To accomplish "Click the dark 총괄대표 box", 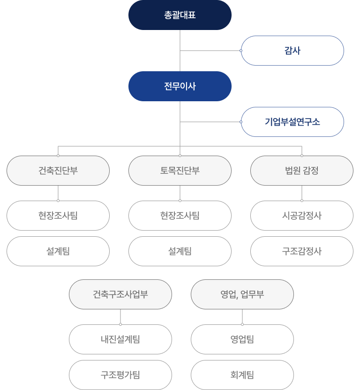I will click(180, 15).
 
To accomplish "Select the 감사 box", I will click(292, 51).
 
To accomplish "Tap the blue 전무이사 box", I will click(180, 86).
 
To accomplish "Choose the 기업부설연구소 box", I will click(292, 122).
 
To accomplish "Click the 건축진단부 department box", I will click(58, 171).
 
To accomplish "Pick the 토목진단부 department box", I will click(180, 171).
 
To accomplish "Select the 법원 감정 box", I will click(302, 171).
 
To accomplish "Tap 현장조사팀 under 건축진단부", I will click(58, 216).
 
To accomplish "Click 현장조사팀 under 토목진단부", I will click(180, 216).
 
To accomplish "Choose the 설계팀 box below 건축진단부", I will click(58, 251).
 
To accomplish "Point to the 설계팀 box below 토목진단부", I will click(180, 251).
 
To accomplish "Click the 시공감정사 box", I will click(302, 216).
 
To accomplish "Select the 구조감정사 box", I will click(302, 251).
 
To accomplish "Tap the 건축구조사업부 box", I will click(120, 294).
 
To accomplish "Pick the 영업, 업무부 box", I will click(242, 294).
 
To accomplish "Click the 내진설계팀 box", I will click(120, 339).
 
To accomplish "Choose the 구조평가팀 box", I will click(120, 375).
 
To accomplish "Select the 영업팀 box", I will click(242, 339).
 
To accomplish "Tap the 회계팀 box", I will click(242, 375).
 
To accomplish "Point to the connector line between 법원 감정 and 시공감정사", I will click(302, 193).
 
